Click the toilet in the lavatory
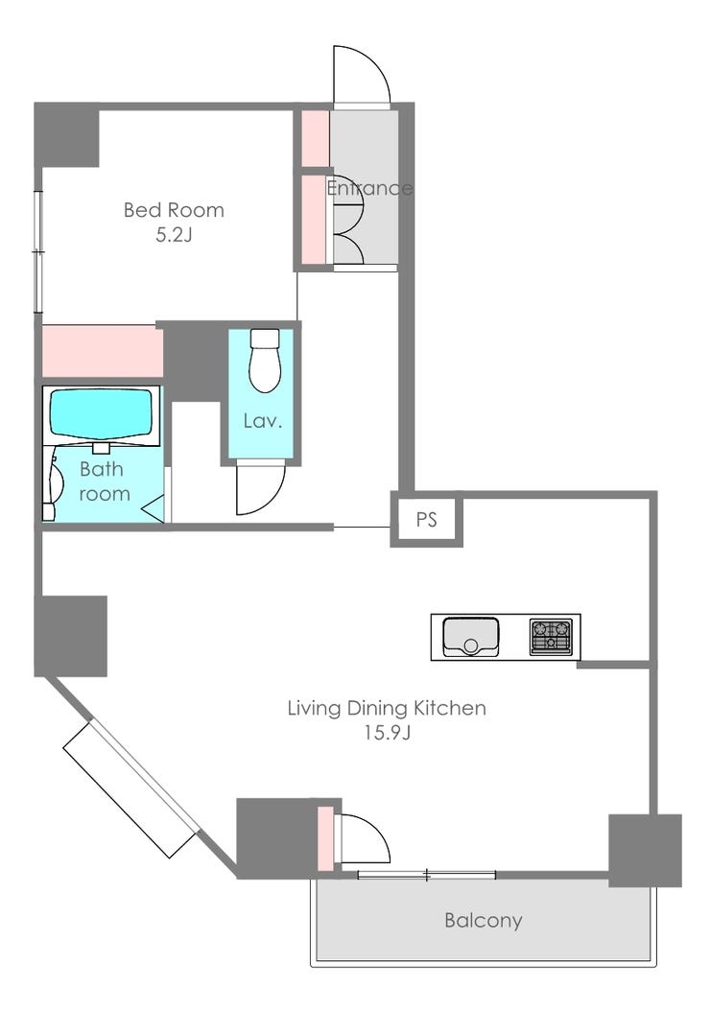tap(264, 360)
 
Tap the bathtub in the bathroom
tap(101, 415)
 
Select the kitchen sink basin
tap(471, 636)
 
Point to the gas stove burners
tap(551, 637)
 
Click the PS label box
tap(427, 519)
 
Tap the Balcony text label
tap(484, 920)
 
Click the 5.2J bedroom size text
tap(174, 234)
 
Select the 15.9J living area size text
tap(388, 733)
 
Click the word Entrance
tap(369, 188)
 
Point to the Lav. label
tap(263, 421)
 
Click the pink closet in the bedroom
tap(102, 351)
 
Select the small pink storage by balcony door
tap(326, 838)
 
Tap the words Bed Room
tap(174, 210)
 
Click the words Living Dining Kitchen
tap(387, 708)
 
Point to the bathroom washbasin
tap(52, 484)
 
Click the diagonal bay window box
tap(131, 789)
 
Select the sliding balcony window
tap(427, 874)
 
